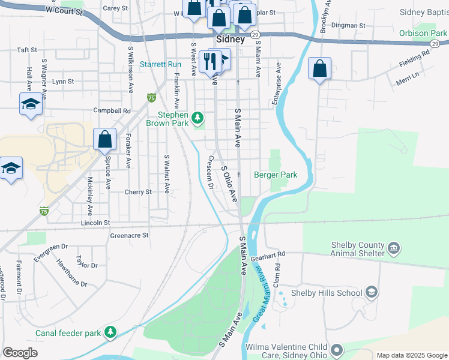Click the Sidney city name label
click(230, 39)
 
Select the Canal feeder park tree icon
click(110, 332)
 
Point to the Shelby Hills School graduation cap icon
click(372, 292)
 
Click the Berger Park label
click(276, 175)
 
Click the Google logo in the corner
click(20, 353)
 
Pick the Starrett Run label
click(160, 64)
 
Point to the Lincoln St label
click(95, 223)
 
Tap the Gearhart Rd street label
click(267, 256)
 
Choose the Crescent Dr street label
click(211, 173)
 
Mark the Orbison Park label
click(423, 33)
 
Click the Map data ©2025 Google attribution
click(412, 355)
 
